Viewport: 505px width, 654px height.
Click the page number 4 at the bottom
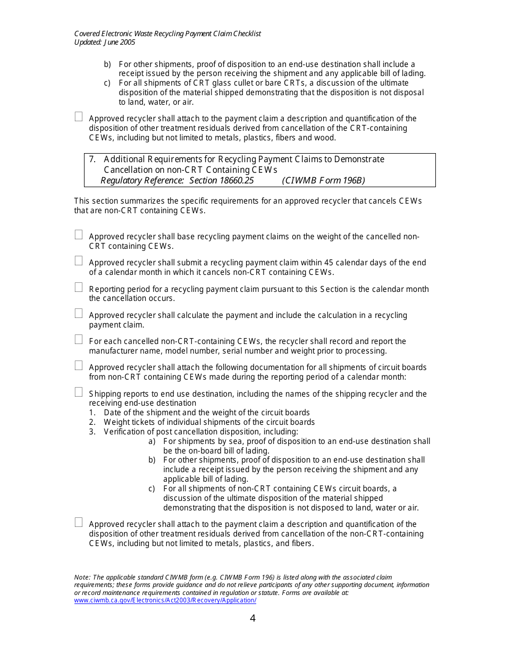point(252,618)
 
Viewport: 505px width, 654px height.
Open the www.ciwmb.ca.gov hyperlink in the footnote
point(165,600)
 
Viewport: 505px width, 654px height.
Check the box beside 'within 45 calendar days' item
point(79,261)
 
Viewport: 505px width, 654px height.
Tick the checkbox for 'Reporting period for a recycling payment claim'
point(79,287)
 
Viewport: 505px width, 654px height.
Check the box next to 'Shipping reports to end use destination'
point(79,392)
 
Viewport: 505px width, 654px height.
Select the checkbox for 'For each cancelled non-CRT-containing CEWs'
point(79,339)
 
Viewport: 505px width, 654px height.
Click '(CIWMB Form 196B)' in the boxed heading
point(323,181)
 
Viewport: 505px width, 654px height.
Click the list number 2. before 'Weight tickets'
point(92,422)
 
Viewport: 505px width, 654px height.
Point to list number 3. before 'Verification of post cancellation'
point(92,432)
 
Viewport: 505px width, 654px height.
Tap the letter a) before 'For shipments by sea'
point(152,441)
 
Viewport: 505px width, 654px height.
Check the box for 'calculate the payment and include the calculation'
point(79,313)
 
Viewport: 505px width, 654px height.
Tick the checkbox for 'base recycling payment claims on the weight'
point(79,234)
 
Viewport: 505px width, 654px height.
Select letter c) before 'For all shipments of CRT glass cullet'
point(107,83)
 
